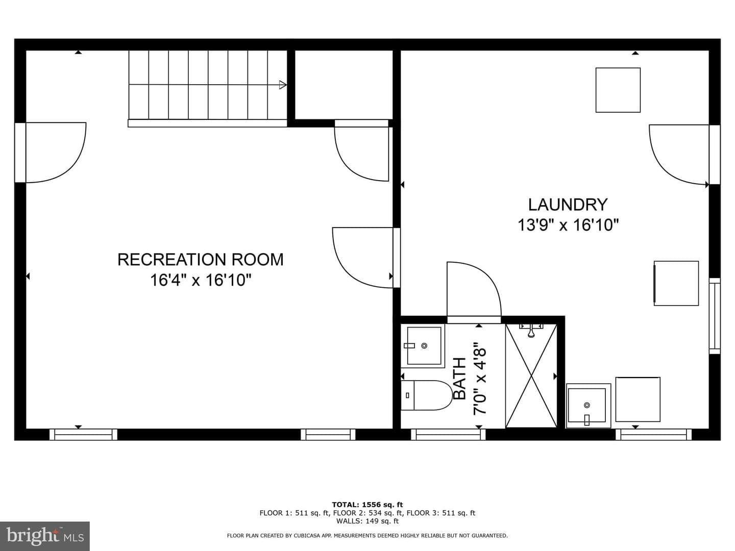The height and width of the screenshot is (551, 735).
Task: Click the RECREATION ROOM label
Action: pos(200,260)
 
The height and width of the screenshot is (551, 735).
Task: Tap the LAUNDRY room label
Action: pos(568,205)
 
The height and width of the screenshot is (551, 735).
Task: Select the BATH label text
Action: pos(460,379)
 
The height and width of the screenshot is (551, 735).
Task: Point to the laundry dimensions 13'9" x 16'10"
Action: pos(568,225)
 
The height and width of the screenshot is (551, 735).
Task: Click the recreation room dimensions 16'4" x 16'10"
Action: pos(200,280)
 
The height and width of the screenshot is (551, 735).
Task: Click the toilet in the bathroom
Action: pos(427,395)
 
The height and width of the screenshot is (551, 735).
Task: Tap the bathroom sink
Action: pos(423,346)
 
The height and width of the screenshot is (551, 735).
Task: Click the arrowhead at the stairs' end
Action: pos(283,85)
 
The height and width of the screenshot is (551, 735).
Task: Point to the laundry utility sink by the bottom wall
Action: pos(589,406)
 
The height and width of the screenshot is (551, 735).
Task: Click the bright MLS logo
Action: pos(44,536)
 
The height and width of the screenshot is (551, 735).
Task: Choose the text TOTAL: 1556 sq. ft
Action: pos(367,505)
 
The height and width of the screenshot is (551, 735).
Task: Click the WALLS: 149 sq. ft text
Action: pos(367,521)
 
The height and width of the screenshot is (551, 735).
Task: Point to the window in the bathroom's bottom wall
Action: pos(448,435)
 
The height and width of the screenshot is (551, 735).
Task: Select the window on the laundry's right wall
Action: pos(715,316)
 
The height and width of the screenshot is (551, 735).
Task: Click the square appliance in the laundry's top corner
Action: pos(618,90)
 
